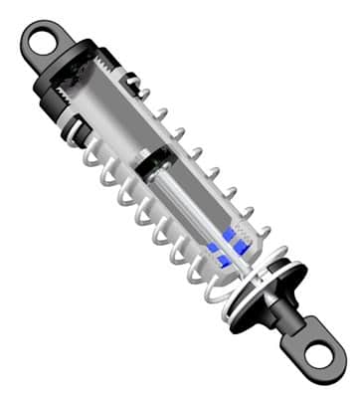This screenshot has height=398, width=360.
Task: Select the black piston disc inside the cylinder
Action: (156, 160)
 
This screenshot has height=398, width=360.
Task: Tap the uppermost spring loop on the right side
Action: (145, 96)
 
